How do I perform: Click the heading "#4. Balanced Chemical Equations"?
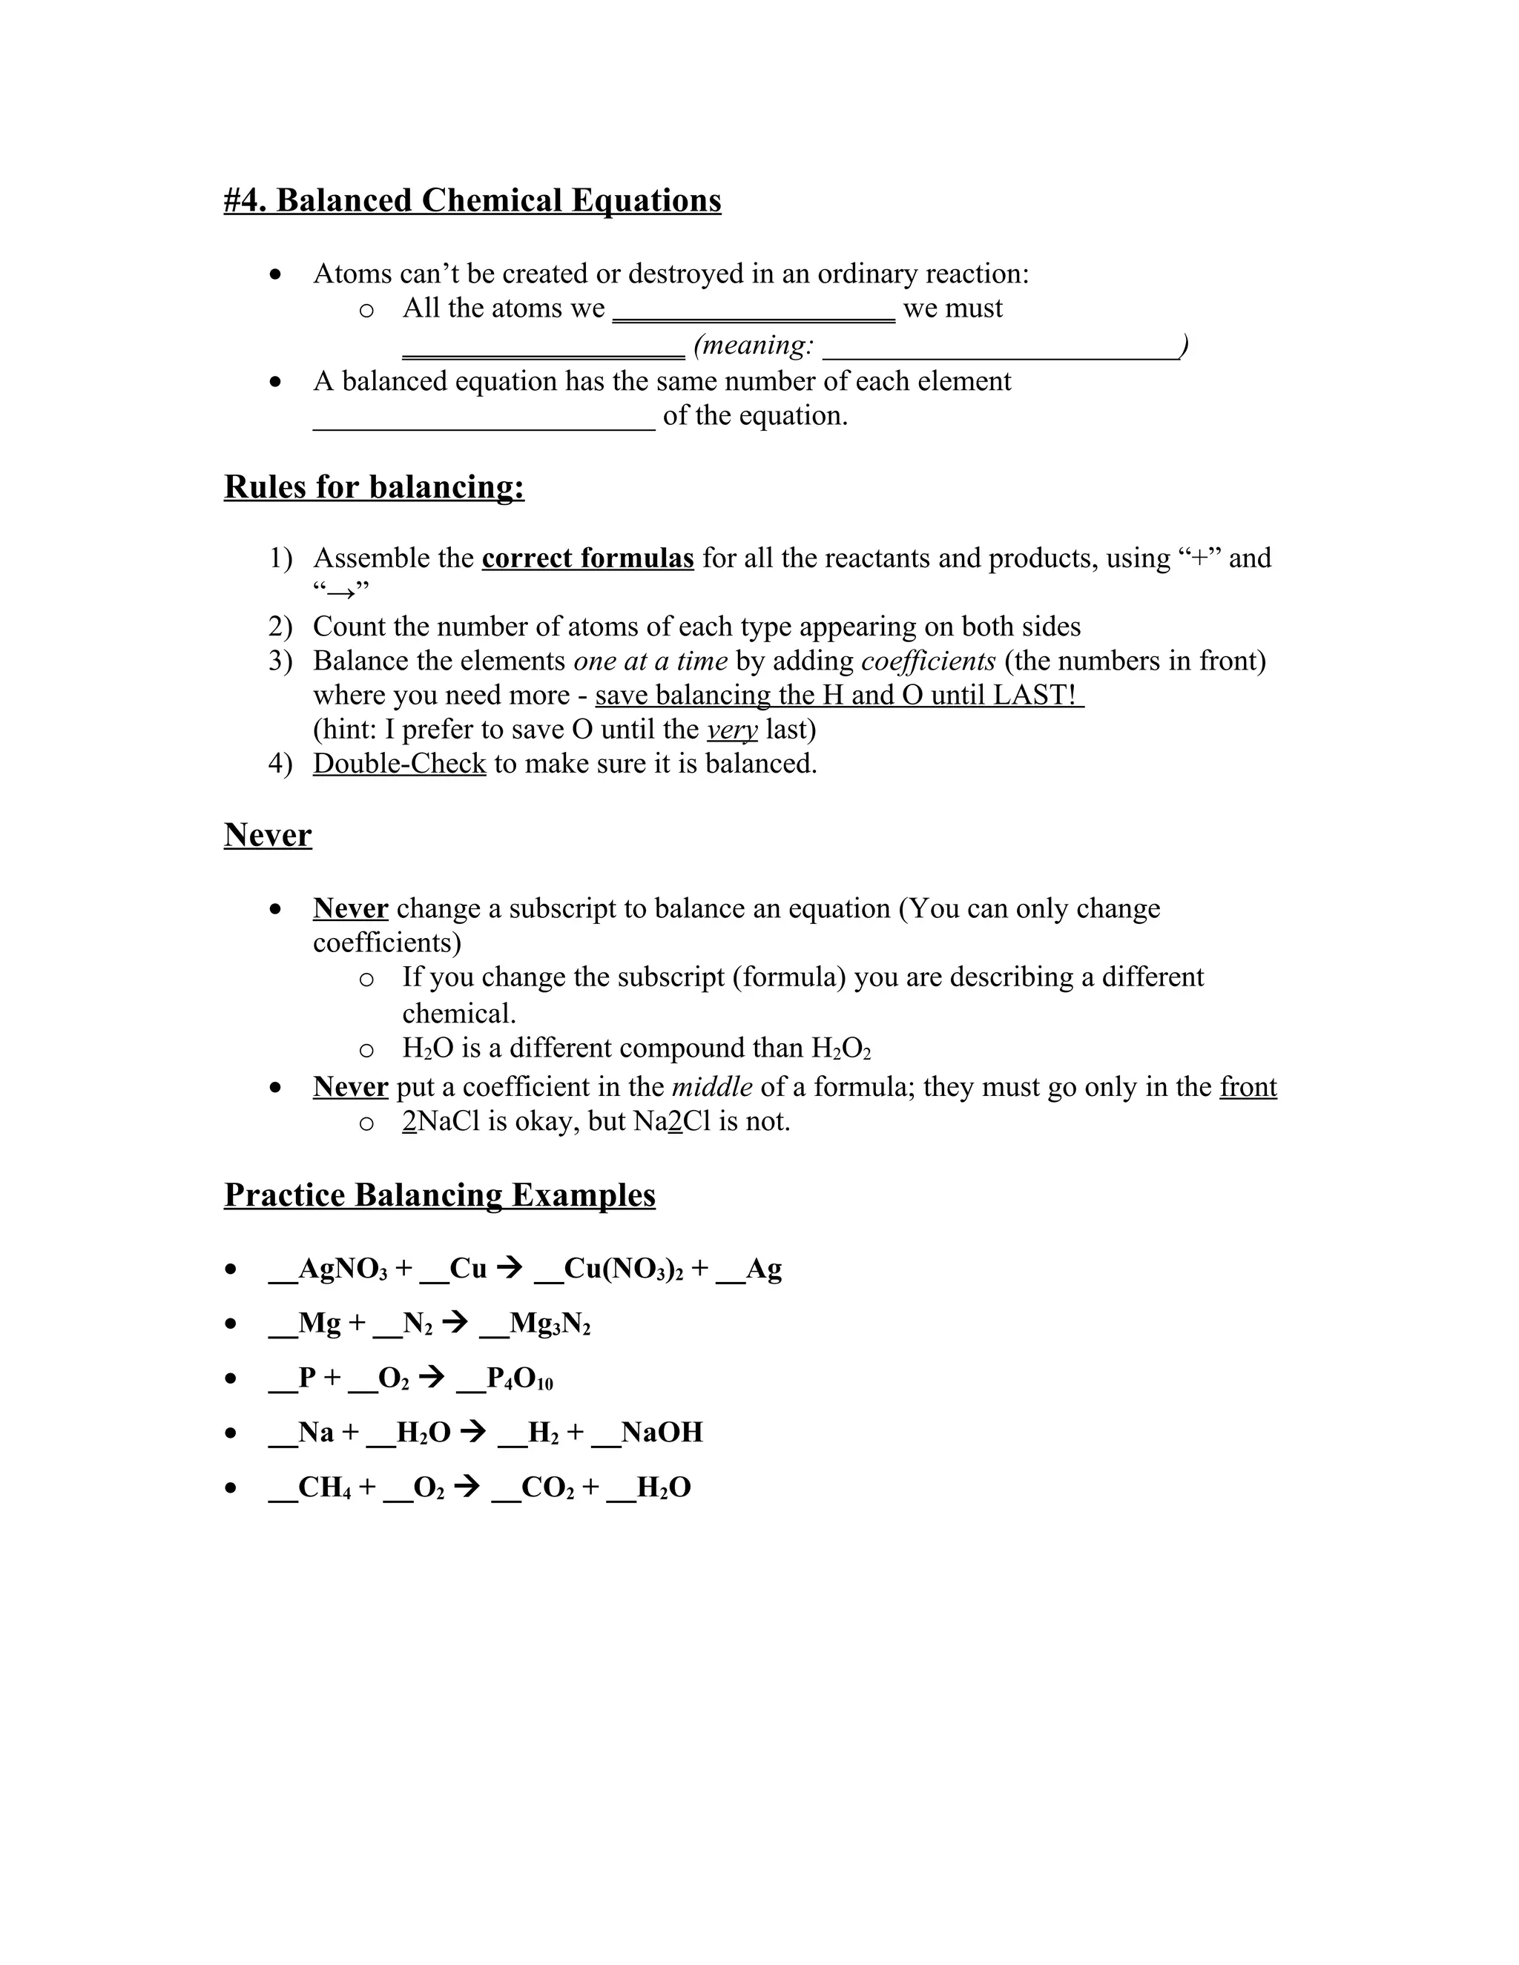[472, 199]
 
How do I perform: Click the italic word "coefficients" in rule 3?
[928, 661]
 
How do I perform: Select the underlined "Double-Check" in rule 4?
[400, 763]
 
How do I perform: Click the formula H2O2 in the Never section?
[840, 1048]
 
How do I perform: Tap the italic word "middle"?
[712, 1087]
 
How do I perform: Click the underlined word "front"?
[1248, 1087]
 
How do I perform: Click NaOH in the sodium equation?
[662, 1433]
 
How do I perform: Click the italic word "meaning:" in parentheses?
[754, 345]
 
